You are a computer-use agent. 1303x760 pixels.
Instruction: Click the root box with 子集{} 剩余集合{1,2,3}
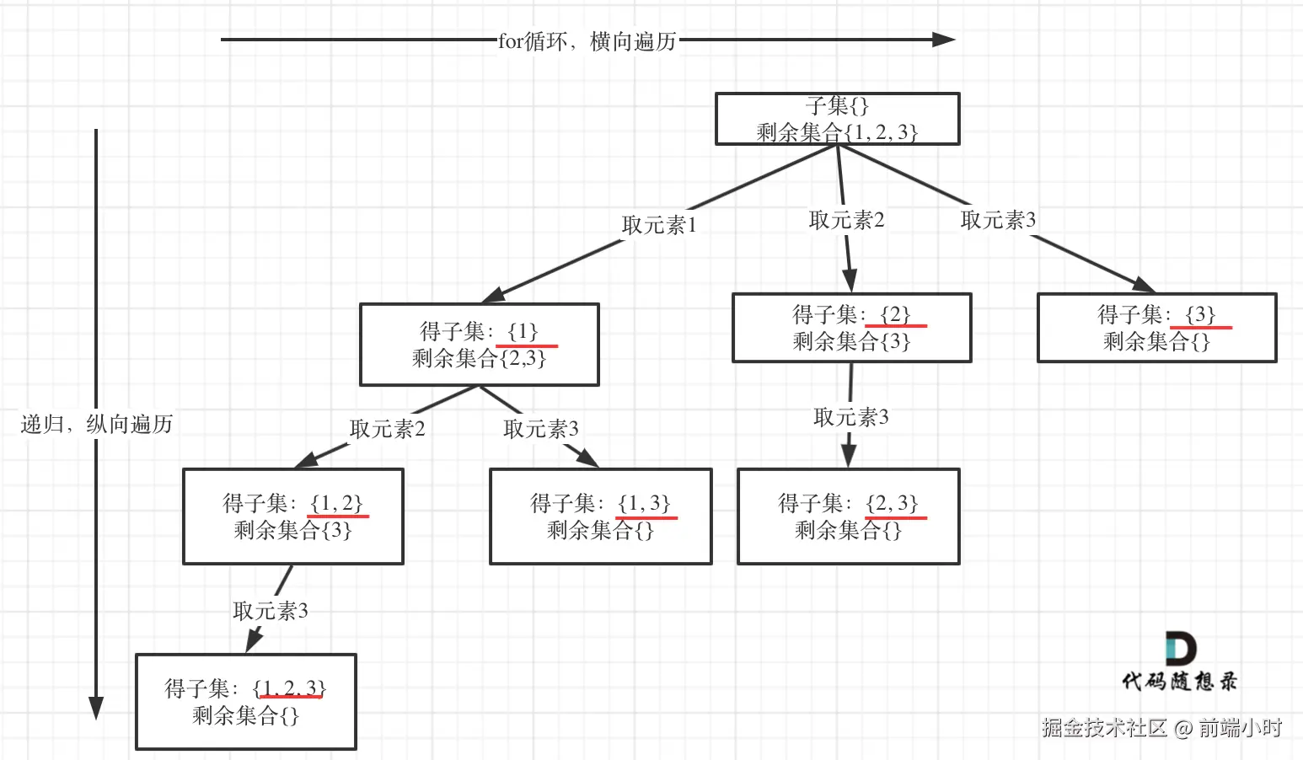click(837, 119)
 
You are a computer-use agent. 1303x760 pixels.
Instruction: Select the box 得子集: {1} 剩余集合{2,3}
click(479, 345)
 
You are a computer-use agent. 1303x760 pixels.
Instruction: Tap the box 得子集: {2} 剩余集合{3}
click(851, 328)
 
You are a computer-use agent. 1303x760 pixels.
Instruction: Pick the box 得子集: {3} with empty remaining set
click(1156, 328)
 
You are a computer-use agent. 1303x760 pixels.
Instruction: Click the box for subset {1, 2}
click(292, 516)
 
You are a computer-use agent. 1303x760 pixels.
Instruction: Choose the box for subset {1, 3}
click(600, 516)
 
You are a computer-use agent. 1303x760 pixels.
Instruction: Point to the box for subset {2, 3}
click(848, 516)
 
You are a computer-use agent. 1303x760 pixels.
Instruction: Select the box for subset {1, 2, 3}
click(245, 702)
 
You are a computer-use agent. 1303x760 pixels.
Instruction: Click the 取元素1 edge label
click(659, 225)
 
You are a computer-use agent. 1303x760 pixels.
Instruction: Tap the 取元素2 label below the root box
click(846, 220)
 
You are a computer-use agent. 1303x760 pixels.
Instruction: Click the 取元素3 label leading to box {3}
click(998, 220)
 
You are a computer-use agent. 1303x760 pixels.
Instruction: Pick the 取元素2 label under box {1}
click(387, 429)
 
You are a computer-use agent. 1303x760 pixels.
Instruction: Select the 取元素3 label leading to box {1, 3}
click(540, 429)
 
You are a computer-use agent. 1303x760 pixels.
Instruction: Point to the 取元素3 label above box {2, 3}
click(850, 417)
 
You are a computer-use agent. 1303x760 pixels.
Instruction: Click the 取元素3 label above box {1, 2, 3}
click(270, 611)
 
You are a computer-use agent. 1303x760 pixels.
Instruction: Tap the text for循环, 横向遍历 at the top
click(587, 41)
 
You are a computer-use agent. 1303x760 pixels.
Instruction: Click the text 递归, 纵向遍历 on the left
click(96, 424)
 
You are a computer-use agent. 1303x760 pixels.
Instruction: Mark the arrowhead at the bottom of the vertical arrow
click(96, 708)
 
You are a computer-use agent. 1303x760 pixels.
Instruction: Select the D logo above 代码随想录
click(1180, 648)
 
